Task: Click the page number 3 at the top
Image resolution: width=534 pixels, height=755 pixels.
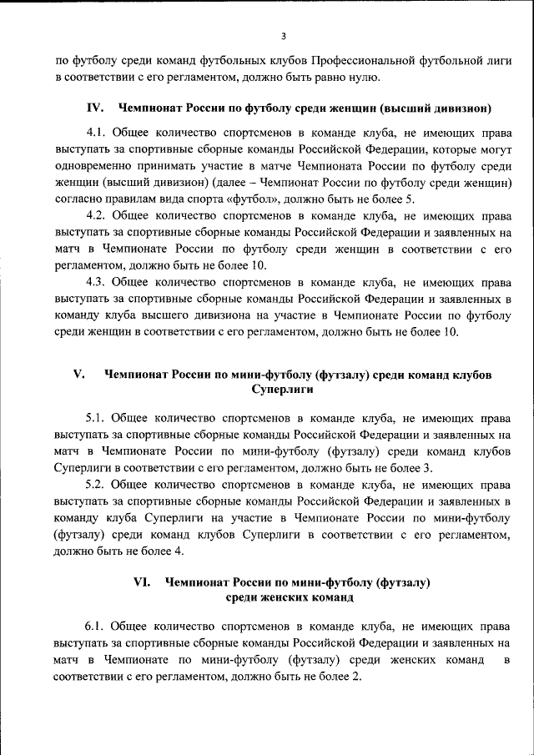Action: click(283, 36)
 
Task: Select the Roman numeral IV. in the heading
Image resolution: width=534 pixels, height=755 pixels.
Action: click(95, 108)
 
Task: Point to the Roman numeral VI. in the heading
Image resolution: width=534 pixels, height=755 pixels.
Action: click(143, 581)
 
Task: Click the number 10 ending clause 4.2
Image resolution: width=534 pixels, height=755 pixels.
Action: click(257, 265)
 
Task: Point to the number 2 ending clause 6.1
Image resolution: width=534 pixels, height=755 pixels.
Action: click(356, 676)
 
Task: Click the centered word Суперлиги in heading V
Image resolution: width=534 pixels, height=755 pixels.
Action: click(282, 390)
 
